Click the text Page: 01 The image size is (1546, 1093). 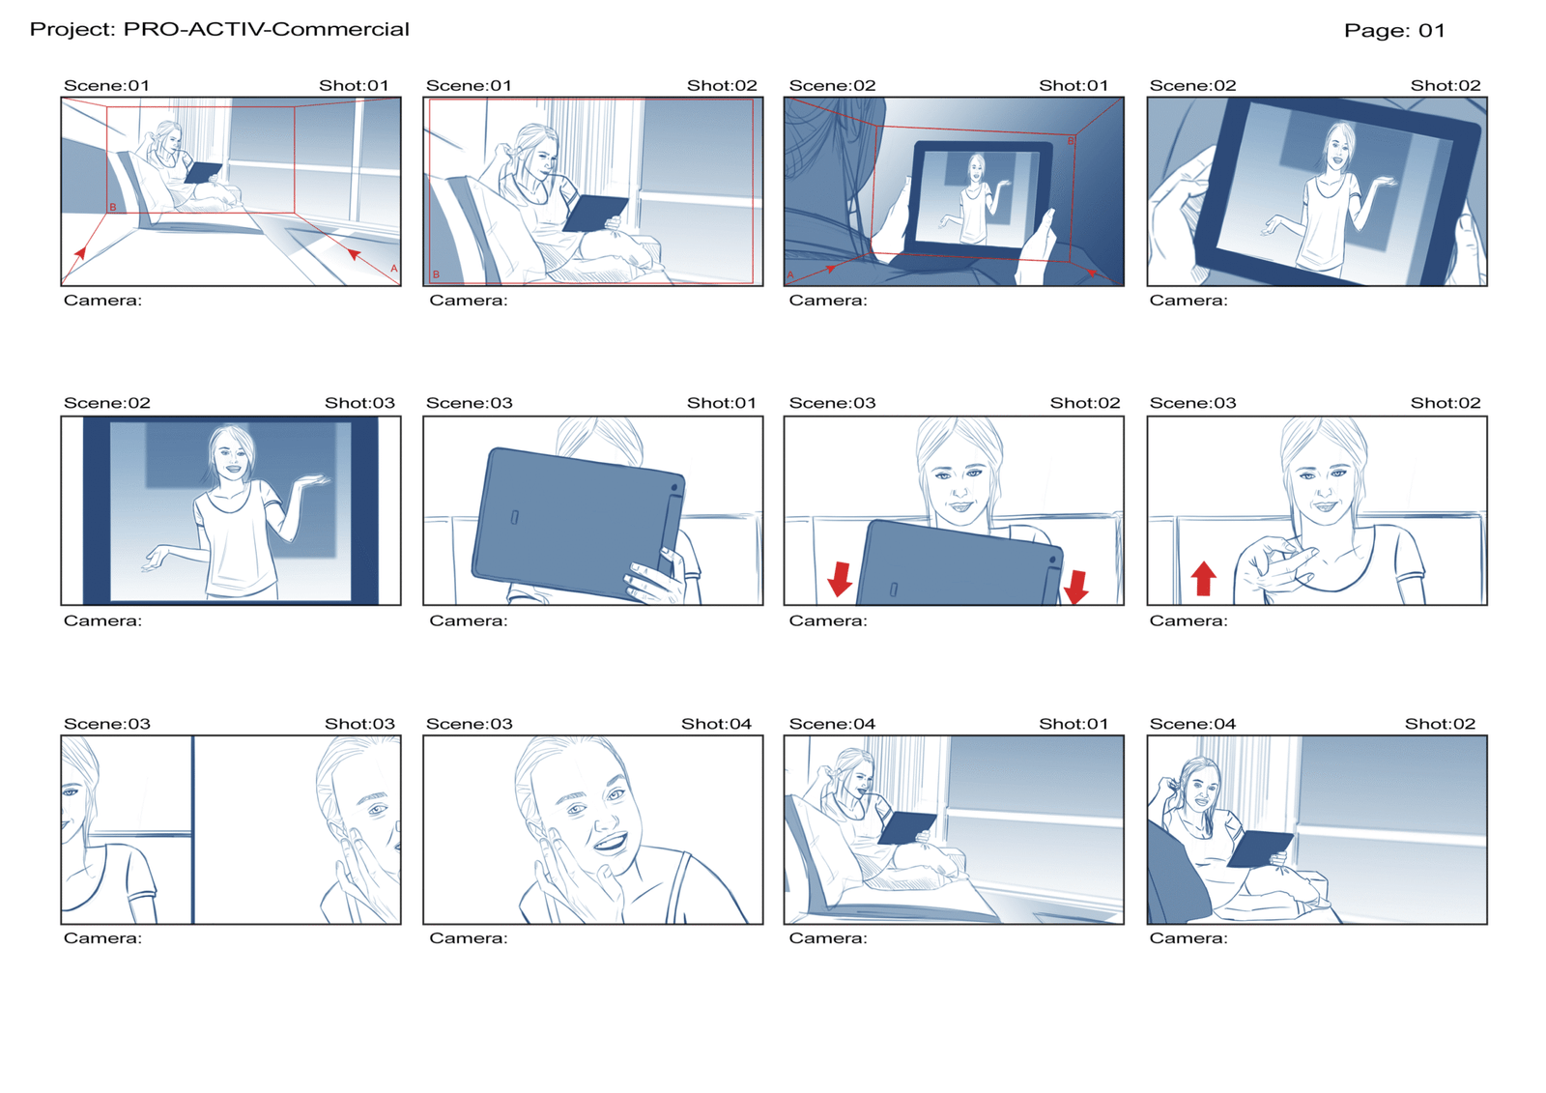1394,30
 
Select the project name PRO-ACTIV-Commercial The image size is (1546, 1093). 267,30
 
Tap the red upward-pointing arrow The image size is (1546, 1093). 1204,578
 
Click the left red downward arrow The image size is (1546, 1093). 840,579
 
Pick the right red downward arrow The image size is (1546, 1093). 1076,587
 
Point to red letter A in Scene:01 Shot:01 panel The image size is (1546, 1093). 394,269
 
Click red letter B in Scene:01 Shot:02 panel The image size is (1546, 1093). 436,274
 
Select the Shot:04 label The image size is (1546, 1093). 716,724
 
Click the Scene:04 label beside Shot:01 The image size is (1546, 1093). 832,724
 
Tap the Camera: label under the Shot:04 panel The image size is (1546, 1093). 468,938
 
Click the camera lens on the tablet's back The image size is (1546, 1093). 674,488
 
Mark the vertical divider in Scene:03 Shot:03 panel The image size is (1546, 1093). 192,829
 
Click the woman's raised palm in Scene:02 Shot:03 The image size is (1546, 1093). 313,480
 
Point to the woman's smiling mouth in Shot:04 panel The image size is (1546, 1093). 610,842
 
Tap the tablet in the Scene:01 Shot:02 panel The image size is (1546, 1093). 595,214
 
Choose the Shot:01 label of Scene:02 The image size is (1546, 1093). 1074,86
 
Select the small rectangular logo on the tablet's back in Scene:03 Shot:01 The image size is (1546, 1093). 515,517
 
